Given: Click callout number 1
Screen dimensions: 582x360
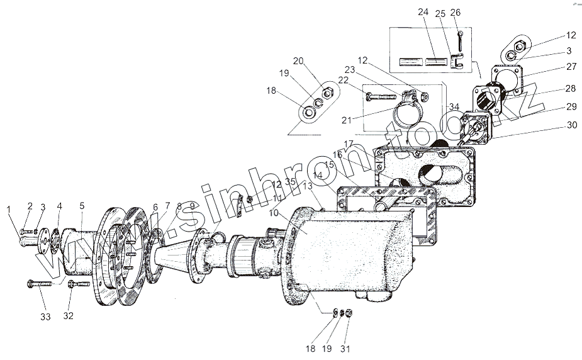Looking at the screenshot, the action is coord(9,209).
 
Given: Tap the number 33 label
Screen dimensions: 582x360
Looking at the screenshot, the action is coord(45,317).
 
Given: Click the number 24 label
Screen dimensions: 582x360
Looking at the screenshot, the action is coord(423,13).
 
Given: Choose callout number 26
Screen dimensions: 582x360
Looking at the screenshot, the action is coord(456,13).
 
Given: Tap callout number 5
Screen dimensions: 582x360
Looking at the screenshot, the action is coord(81,205).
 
